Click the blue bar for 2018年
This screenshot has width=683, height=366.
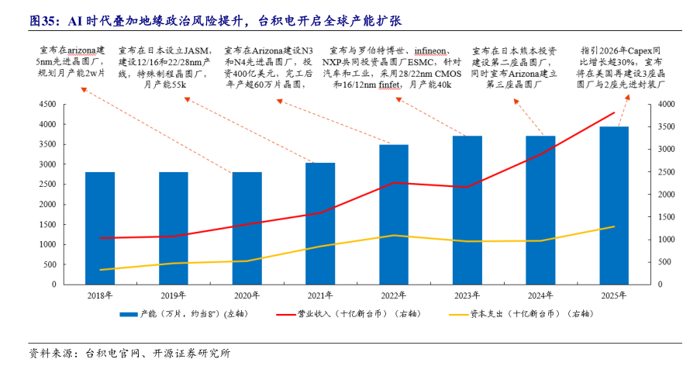(100, 228)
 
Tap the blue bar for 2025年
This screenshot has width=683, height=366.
(613, 205)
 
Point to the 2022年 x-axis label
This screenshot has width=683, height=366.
(393, 295)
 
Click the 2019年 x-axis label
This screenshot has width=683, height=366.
(174, 295)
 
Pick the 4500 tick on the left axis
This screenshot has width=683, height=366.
(46, 104)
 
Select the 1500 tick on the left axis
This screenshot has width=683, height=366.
(46, 224)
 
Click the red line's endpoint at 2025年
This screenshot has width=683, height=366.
(613, 112)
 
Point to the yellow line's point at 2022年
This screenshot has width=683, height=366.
(394, 235)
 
